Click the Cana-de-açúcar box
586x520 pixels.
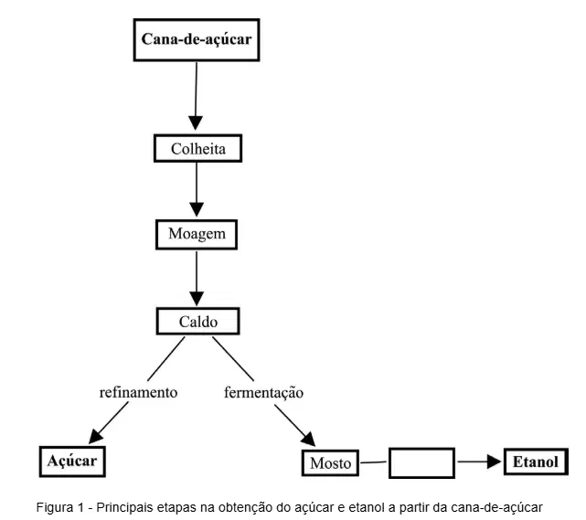tap(197, 39)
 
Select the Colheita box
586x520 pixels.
tap(198, 148)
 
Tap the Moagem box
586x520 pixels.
tap(197, 234)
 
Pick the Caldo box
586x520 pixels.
tap(198, 322)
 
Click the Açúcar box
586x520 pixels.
tap(72, 462)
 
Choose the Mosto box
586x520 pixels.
tap(330, 462)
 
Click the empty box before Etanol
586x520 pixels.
tap(422, 462)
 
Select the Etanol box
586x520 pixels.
tap(536, 462)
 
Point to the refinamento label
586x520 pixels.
tap(138, 392)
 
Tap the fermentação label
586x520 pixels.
tap(263, 393)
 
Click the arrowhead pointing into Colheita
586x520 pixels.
tap(196, 122)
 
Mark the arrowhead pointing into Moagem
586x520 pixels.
tap(197, 209)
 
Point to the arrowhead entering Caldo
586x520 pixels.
tap(197, 299)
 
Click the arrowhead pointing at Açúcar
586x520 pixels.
tap(95, 437)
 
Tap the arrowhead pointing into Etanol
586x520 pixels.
tap(494, 462)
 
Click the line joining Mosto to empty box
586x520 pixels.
tap(373, 462)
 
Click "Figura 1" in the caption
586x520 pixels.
tap(59, 508)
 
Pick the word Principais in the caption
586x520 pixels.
tap(124, 508)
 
